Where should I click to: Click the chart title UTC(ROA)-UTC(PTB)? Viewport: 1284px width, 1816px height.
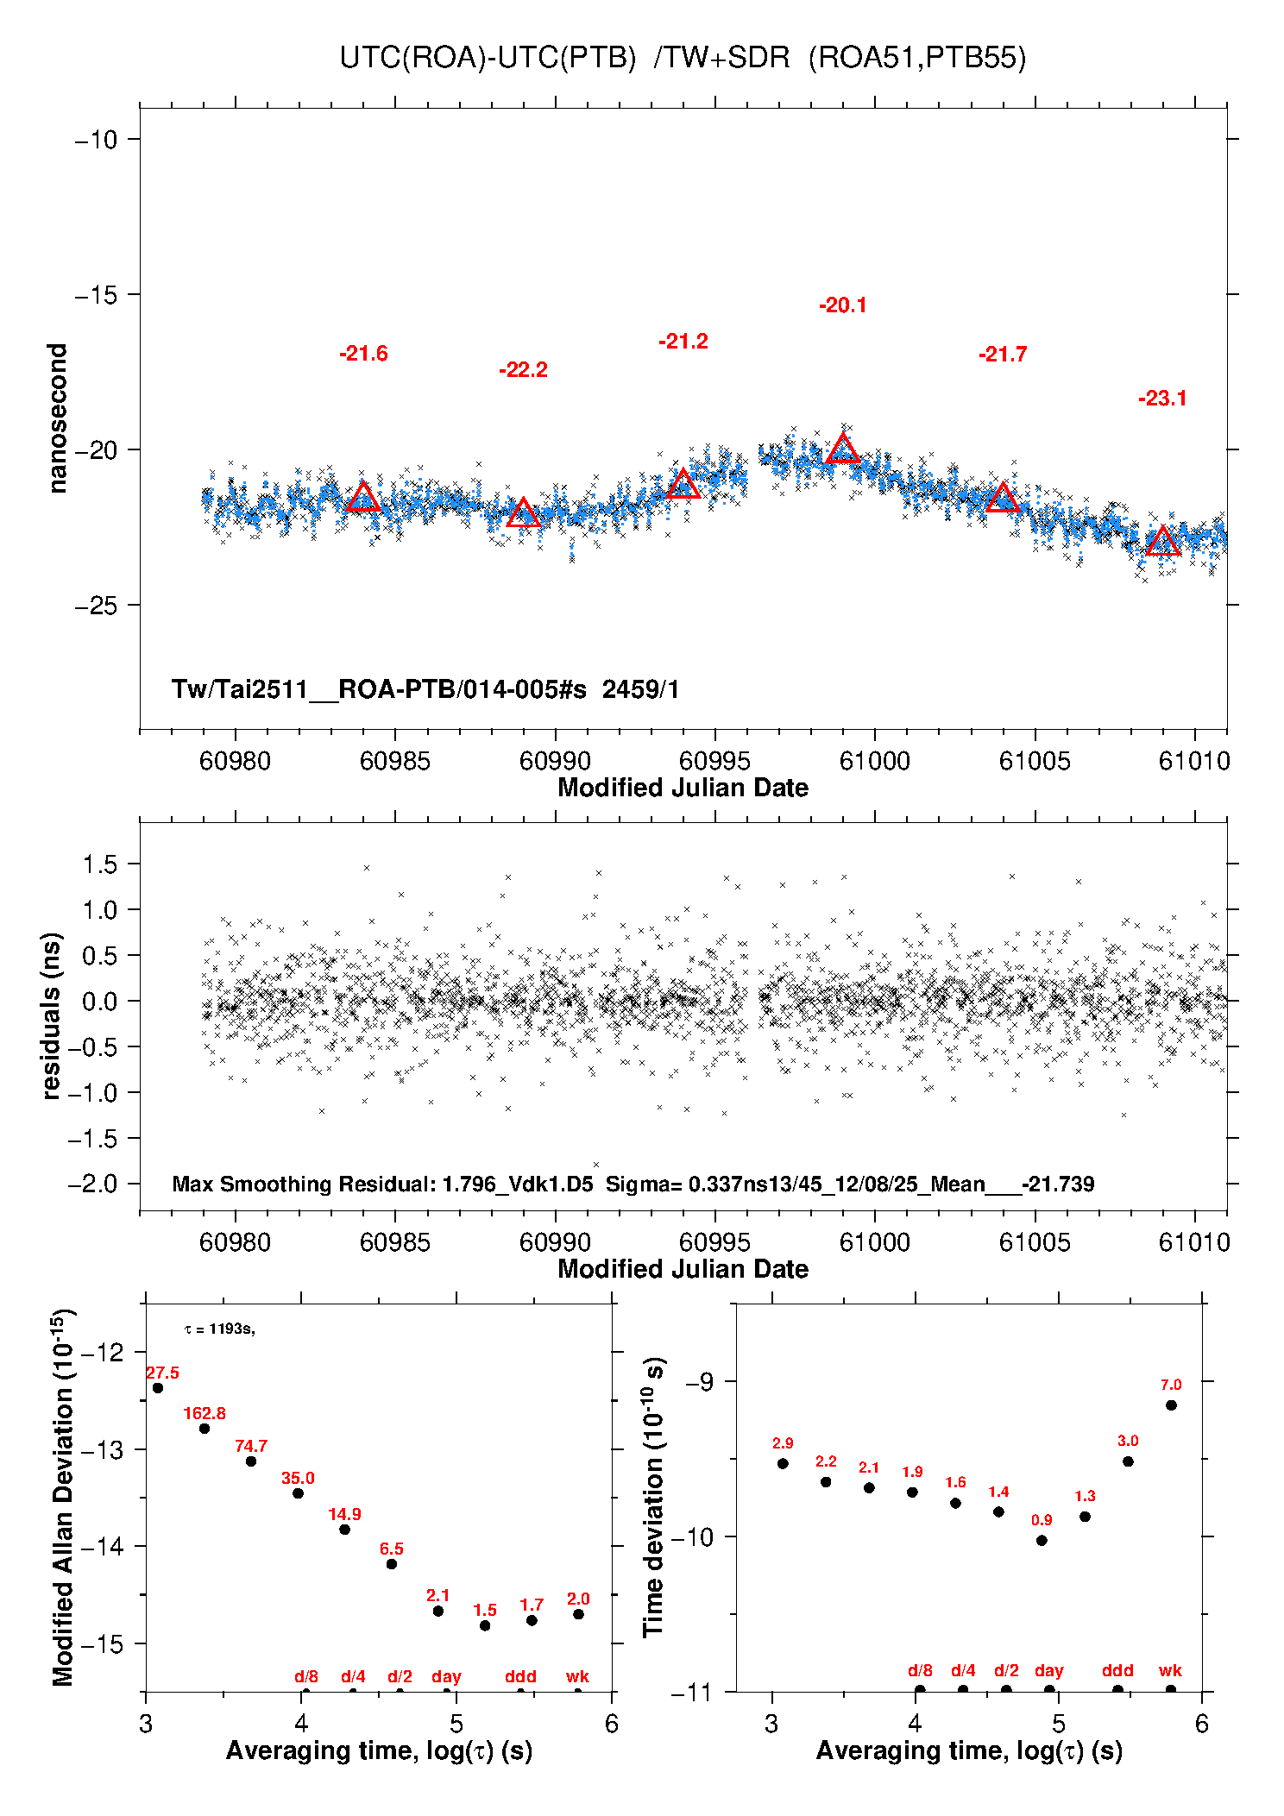click(488, 58)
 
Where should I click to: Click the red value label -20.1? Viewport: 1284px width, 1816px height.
click(843, 305)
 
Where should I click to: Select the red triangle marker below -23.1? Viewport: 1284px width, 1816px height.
click(1162, 542)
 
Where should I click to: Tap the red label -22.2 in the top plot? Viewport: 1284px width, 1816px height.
click(523, 370)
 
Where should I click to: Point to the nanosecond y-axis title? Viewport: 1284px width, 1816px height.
click(57, 418)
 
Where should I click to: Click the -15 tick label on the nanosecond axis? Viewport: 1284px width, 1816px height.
click(96, 295)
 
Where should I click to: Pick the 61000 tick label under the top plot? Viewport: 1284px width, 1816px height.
click(874, 761)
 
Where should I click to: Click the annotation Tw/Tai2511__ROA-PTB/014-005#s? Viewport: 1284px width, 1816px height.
click(379, 689)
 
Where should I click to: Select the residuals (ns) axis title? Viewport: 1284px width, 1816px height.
click(52, 1016)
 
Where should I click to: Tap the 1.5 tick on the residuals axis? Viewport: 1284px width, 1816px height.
click(99, 864)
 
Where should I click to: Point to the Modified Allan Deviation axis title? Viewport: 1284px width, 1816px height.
click(62, 1497)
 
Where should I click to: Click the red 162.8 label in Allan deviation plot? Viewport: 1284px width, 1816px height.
click(205, 1413)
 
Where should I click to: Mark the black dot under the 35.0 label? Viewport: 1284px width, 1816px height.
click(298, 1493)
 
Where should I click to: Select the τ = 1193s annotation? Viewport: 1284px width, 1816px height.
click(219, 1329)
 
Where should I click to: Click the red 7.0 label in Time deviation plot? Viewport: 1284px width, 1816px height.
click(1170, 1385)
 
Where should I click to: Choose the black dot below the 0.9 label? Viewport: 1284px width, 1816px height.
click(1042, 1540)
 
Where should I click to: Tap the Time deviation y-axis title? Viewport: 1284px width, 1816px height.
click(653, 1497)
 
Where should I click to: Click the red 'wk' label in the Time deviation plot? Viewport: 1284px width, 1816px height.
click(1170, 1670)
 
